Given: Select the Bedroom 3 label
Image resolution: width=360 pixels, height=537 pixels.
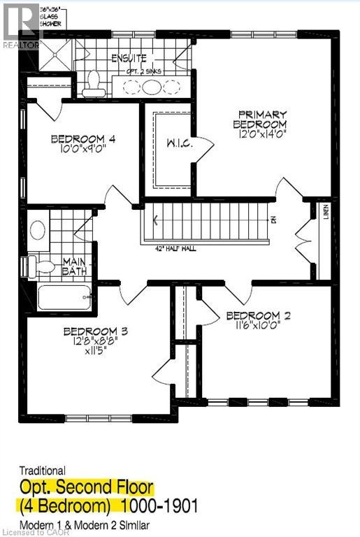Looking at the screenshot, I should click(94, 331).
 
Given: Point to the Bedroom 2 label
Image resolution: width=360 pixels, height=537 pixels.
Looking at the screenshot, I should click(259, 316).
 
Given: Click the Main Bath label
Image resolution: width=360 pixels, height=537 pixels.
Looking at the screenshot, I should click(73, 267).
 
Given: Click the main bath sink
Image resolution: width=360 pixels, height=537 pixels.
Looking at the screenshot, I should click(38, 231).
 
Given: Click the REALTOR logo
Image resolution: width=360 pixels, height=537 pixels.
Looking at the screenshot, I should click(22, 26).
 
